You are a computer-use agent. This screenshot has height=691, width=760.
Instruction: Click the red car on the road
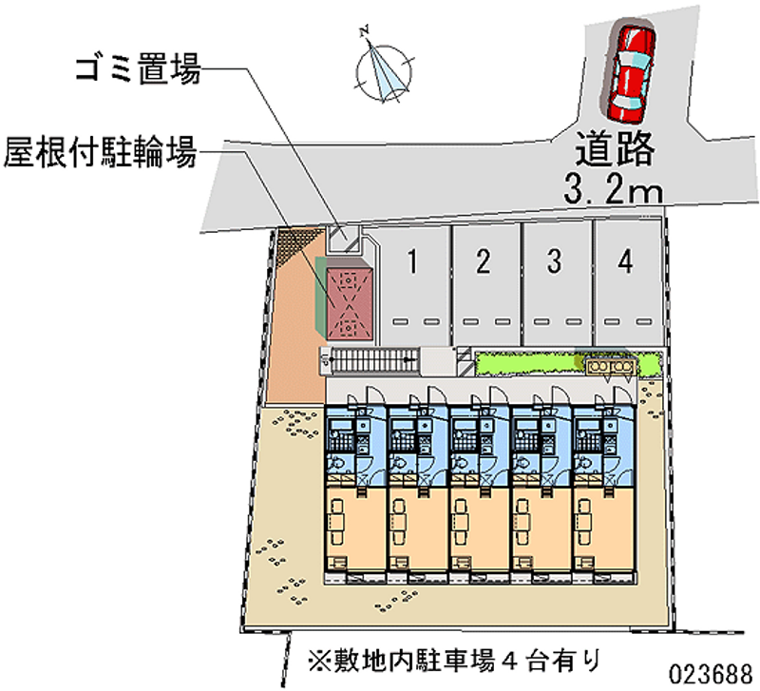[x=631, y=72]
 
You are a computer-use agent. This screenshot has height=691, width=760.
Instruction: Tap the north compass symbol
[x=384, y=69]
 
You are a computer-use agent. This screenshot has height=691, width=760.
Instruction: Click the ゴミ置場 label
[x=139, y=68]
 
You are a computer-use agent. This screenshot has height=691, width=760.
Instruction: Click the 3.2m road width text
[x=613, y=191]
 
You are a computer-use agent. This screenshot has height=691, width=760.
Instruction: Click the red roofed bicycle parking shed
[x=348, y=300]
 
